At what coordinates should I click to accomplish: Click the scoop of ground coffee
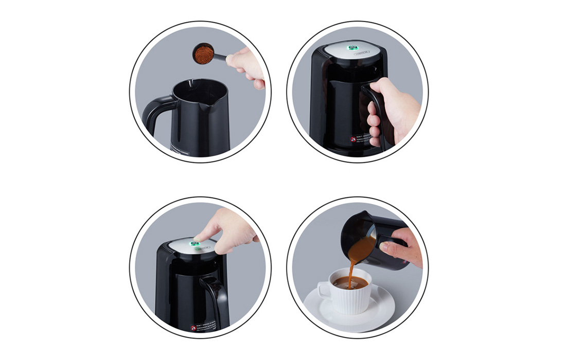(203, 54)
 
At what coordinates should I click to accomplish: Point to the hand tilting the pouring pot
(404, 247)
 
